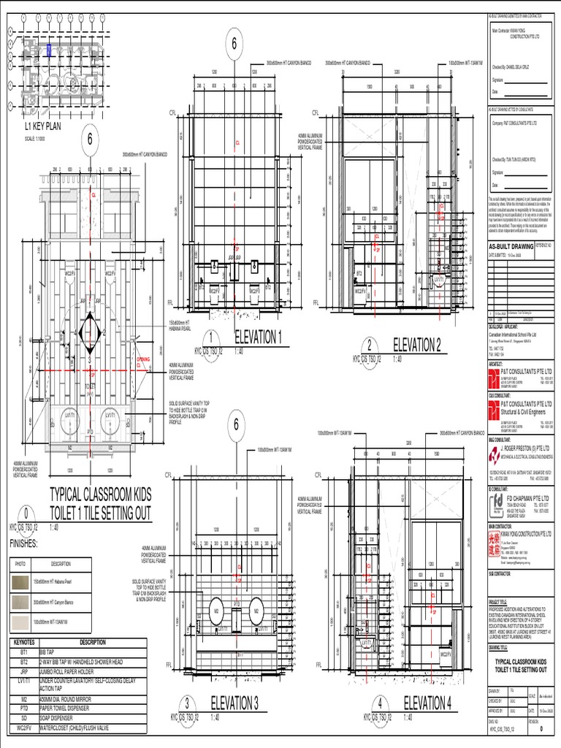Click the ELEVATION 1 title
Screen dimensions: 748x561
pos(257,337)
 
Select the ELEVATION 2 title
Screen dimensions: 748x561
pos(417,345)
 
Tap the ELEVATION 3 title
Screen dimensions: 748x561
pos(234,703)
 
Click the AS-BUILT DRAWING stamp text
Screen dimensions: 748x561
pos(511,246)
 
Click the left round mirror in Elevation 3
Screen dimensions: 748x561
pos(217,610)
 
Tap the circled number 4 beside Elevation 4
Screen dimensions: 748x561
pos(381,703)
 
